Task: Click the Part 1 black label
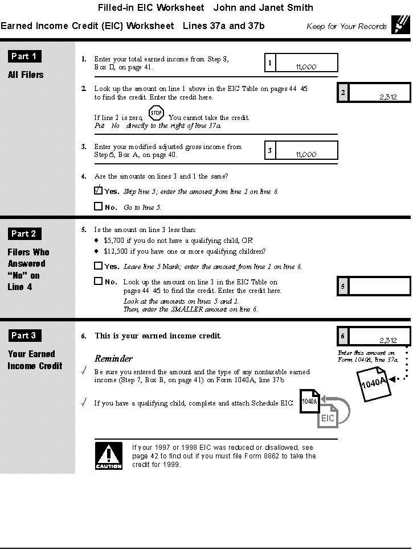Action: pos(24,56)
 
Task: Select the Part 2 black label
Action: pos(24,234)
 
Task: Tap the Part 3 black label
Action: pos(24,336)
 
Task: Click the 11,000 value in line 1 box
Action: pos(306,67)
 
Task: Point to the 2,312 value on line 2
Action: pos(387,97)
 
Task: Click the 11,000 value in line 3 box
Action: pos(306,155)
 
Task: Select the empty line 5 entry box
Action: pos(379,286)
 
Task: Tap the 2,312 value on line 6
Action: pos(387,340)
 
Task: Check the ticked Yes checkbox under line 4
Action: pos(98,191)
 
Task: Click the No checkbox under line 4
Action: pos(98,206)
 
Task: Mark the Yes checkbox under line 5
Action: pos(98,266)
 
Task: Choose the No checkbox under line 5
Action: pos(98,281)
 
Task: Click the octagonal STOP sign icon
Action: pos(156,113)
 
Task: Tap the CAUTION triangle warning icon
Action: pos(108,456)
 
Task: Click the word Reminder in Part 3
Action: pos(113,359)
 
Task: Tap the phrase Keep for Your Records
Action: pos(346,27)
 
